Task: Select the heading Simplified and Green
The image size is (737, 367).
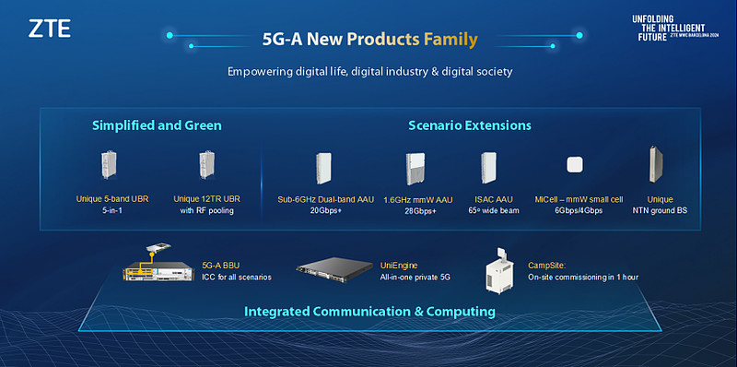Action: pyautogui.click(x=157, y=124)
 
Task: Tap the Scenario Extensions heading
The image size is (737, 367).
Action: pyautogui.click(x=469, y=124)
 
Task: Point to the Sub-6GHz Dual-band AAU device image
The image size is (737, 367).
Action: pyautogui.click(x=323, y=168)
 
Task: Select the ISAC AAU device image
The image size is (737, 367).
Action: pyautogui.click(x=487, y=168)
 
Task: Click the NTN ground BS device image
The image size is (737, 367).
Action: pyautogui.click(x=657, y=165)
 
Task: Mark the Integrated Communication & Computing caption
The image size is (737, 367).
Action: pyautogui.click(x=369, y=312)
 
